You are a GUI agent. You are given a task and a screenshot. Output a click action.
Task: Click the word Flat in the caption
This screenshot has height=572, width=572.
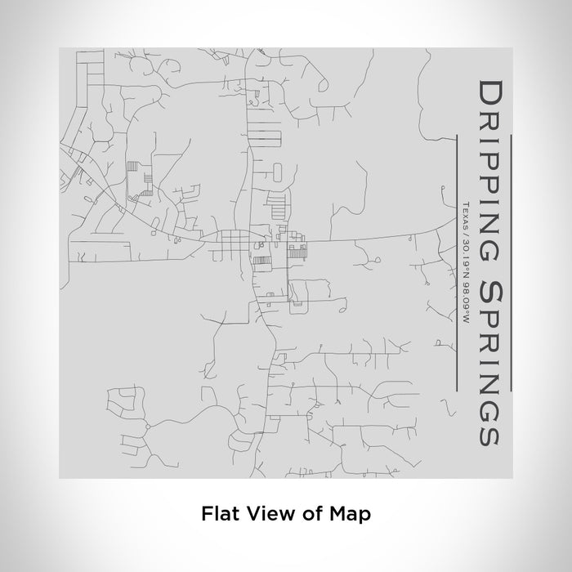pos(217,514)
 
